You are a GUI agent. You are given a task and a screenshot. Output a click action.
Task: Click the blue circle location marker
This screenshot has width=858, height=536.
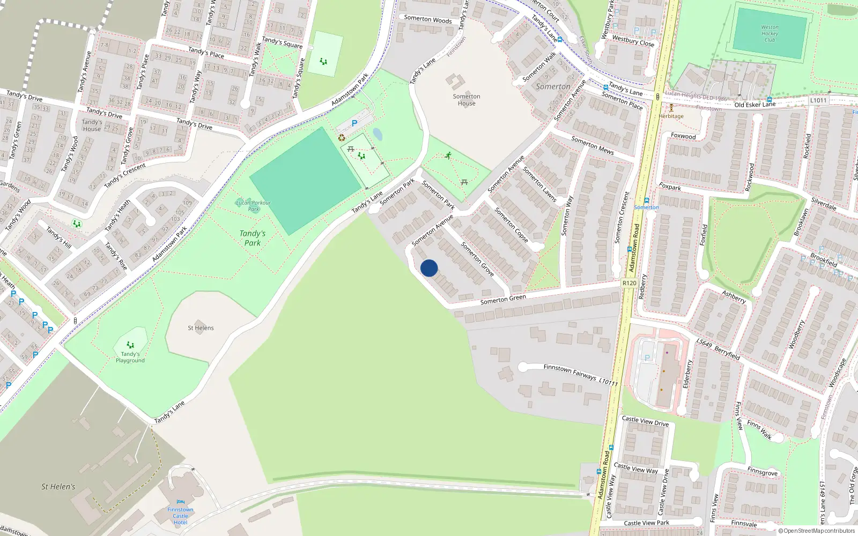(429, 268)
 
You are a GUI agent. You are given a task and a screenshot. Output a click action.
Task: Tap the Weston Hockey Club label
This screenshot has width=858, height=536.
(770, 33)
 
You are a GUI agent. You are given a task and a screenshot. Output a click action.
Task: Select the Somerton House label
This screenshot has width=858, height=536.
(467, 100)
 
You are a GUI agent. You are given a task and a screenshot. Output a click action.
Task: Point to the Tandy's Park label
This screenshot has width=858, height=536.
(253, 238)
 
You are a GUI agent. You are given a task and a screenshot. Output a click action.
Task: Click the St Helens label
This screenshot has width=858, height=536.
(201, 327)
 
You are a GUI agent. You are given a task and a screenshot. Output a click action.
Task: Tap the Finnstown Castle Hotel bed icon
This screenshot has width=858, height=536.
(180, 502)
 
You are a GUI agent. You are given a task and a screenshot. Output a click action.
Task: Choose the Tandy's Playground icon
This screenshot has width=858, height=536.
(130, 345)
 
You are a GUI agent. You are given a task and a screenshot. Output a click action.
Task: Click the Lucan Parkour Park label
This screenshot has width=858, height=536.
(253, 206)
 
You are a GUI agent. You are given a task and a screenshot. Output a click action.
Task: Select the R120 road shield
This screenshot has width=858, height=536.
(629, 283)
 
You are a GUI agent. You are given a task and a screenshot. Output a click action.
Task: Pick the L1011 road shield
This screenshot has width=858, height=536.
(818, 100)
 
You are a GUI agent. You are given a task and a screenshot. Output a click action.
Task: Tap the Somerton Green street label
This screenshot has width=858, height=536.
(503, 299)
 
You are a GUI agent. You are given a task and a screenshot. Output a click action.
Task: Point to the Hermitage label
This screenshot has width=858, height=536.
(671, 116)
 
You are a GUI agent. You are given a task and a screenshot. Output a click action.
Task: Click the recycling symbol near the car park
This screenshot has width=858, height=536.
(342, 138)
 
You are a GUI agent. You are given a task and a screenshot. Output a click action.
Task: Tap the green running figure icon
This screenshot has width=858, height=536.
(448, 155)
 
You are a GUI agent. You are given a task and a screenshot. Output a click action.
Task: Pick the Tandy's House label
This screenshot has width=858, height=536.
(92, 125)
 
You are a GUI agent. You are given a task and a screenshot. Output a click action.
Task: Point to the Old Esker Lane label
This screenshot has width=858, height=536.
(755, 105)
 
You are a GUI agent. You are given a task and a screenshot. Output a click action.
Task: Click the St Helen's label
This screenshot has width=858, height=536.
(58, 487)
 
